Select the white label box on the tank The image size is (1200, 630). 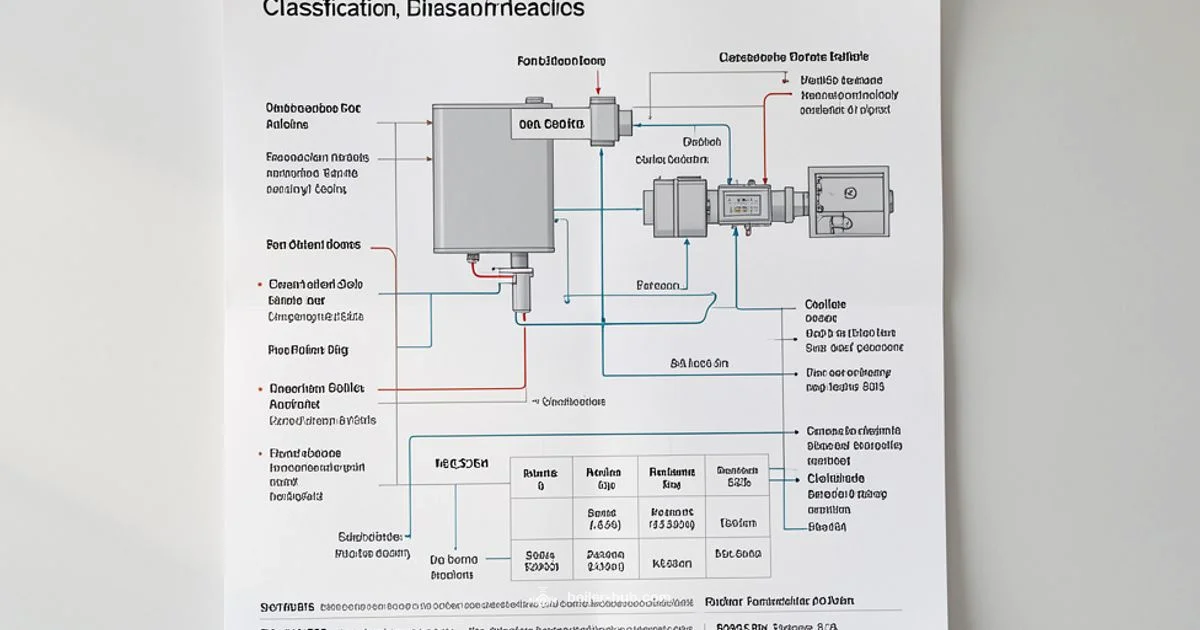click(x=550, y=124)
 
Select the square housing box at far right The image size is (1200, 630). click(x=848, y=200)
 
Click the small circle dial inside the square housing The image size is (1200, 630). click(x=850, y=193)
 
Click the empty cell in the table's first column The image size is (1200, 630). click(x=541, y=517)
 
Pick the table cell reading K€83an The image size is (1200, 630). click(x=671, y=563)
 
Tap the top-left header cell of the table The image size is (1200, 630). click(x=541, y=478)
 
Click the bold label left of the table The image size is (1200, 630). click(x=460, y=464)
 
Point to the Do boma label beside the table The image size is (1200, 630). click(x=454, y=560)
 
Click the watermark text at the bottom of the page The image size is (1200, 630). click(x=600, y=598)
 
